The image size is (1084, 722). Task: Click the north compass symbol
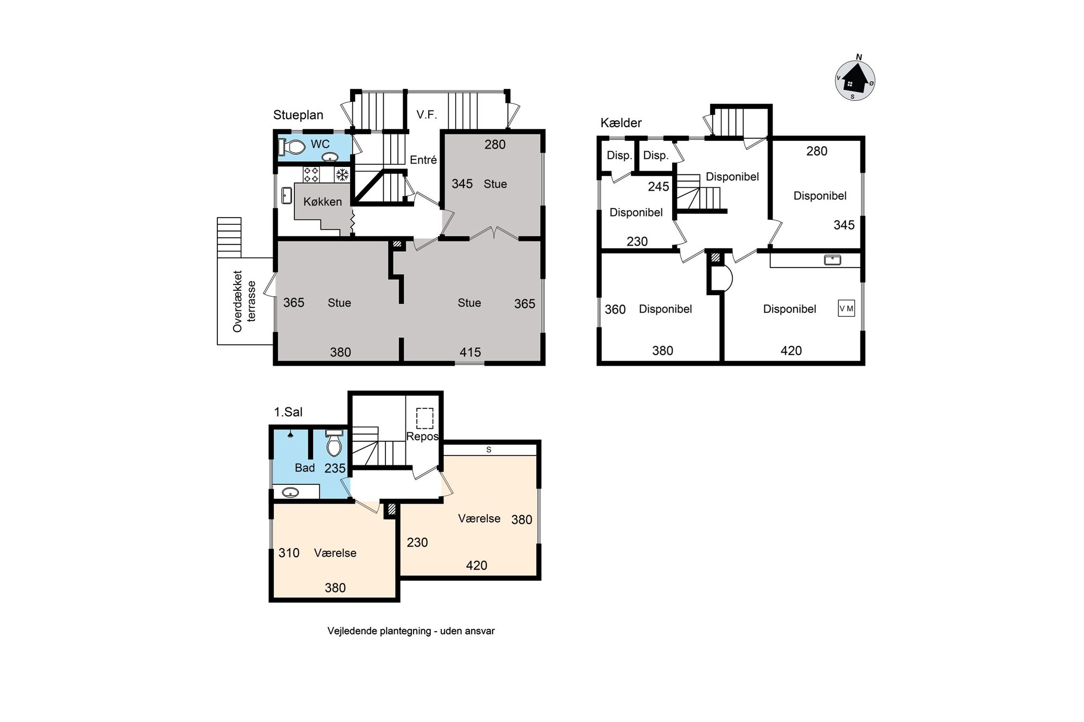855,80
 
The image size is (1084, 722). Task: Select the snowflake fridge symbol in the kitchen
343,174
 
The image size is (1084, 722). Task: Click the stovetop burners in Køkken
311,174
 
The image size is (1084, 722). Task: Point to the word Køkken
322,201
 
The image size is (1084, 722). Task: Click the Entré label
423,160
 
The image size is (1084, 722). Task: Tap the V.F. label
427,114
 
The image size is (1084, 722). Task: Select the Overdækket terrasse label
244,301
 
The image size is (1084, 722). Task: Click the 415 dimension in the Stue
470,352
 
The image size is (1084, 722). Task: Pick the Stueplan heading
298,115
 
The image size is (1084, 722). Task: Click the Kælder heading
621,123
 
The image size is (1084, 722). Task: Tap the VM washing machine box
846,308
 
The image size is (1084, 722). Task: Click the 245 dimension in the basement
659,186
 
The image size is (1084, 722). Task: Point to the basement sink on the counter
833,260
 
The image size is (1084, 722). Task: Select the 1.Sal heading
288,412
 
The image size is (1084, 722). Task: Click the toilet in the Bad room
334,443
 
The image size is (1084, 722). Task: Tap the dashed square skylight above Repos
425,418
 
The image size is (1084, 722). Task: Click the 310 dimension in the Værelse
289,553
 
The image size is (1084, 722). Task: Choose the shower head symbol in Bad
291,434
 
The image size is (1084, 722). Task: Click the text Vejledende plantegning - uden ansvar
411,631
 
